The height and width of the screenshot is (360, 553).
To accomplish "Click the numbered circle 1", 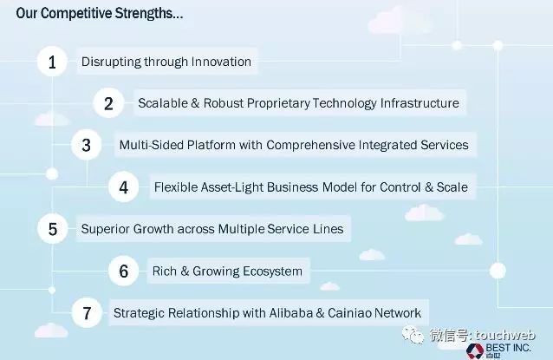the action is tap(52, 62).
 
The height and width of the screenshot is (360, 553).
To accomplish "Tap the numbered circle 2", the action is tap(108, 103).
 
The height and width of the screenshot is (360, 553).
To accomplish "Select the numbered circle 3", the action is tap(87, 145).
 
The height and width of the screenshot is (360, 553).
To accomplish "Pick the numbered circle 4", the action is tap(123, 187).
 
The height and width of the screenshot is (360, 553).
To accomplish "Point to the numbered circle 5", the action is tap(53, 229).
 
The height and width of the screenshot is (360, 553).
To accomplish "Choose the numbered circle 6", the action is tap(123, 271).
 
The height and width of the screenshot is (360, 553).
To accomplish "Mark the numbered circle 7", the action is tap(87, 312).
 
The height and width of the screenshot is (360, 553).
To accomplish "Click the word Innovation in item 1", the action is tap(221, 62).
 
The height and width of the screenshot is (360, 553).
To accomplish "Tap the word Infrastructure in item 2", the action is tap(420, 103).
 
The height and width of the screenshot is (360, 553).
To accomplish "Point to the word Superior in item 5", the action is tap(106, 229).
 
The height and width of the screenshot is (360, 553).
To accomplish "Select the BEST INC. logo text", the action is tap(508, 348).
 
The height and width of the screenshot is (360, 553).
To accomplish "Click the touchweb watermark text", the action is tap(505, 335).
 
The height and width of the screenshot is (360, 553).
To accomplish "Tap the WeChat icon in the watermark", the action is tap(413, 335).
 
